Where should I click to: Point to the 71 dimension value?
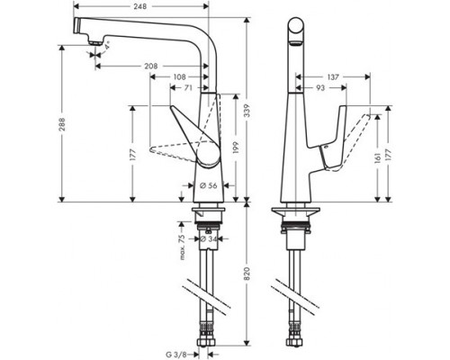coord(189,89)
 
